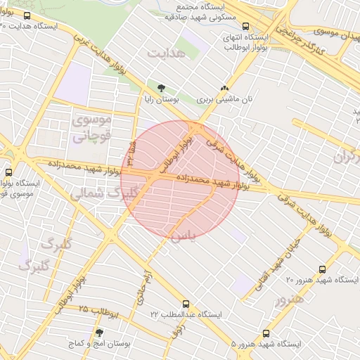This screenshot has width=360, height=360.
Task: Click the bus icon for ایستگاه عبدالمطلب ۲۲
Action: pyautogui.click(x=186, y=304)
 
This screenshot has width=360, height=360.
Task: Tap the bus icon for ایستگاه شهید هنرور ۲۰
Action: pyautogui.click(x=322, y=269)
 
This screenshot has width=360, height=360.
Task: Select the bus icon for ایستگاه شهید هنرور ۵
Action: pyautogui.click(x=265, y=333)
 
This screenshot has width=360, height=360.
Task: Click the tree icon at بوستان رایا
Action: pyautogui.click(x=162, y=88)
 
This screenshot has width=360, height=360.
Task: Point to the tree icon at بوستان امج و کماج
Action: pyautogui.click(x=99, y=332)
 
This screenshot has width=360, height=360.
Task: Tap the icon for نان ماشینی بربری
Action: pyautogui.click(x=224, y=89)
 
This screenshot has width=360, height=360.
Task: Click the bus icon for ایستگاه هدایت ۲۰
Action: pyautogui.click(x=27, y=15)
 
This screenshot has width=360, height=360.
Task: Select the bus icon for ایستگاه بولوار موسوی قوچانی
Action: pyautogui.click(x=9, y=172)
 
